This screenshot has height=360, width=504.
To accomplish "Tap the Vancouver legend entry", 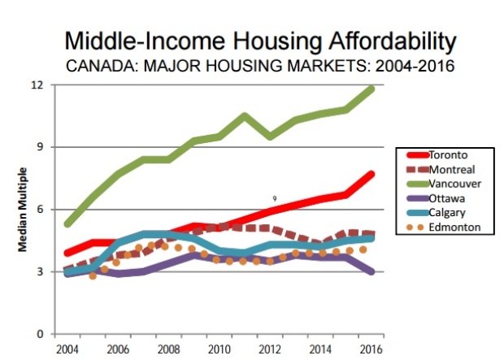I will pos(454,184).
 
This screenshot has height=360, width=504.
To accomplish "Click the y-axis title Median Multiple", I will pos(24,209).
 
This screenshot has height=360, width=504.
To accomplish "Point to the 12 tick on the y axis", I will pos(37,85).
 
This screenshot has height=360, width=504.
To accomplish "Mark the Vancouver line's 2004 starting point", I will pos(68,223).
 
